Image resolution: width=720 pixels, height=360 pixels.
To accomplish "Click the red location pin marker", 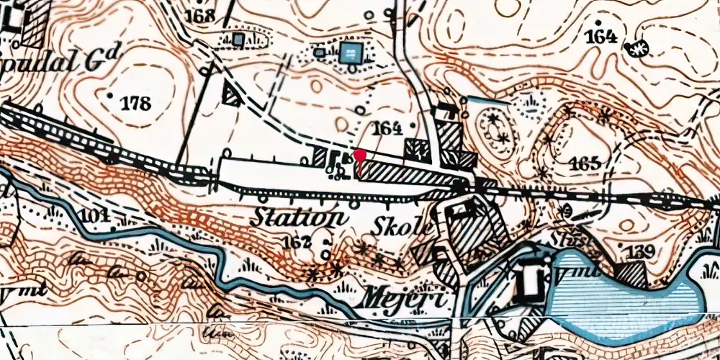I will [359, 156].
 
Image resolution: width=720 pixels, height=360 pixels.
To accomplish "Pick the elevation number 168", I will [199, 16].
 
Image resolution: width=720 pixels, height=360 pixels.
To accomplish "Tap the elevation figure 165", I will [584, 163].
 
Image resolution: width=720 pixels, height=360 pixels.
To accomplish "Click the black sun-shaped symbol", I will [636, 48].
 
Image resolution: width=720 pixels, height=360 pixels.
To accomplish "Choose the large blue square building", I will [351, 52].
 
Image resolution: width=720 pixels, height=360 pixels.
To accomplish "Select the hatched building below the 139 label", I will [631, 274].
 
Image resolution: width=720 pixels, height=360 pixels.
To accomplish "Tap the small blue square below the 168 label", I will [238, 38].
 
